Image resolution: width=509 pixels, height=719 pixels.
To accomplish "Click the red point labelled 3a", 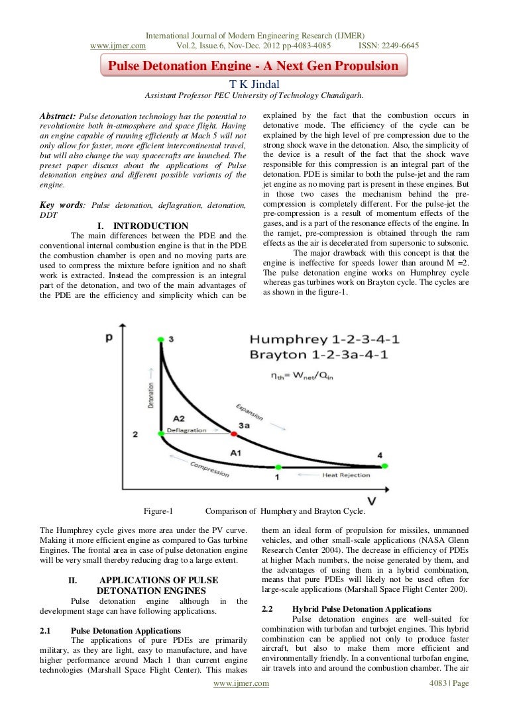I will [x=233, y=434].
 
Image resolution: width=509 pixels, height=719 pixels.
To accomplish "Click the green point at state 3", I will [x=160, y=339].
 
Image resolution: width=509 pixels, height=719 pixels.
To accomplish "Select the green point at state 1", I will [x=278, y=467].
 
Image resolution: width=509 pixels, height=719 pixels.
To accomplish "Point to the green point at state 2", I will [x=160, y=434].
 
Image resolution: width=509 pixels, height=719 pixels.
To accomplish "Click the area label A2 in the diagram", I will [x=178, y=418].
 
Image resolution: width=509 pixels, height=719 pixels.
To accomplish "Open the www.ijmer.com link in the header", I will [x=118, y=46].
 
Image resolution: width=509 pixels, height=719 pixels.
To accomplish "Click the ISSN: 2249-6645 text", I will [x=388, y=46].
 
